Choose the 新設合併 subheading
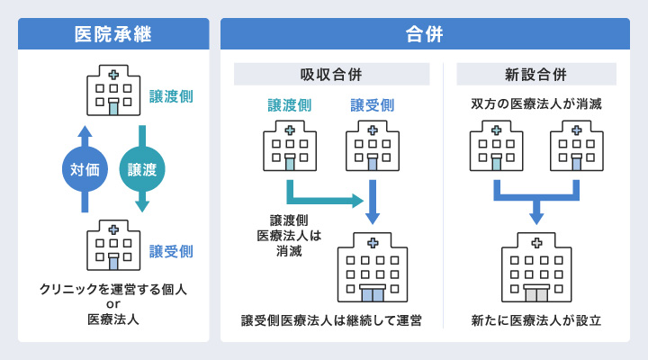536,74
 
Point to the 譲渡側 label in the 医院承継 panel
171,95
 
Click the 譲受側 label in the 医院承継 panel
171,250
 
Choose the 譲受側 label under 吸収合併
372,105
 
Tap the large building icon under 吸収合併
371,268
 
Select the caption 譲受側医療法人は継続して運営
331,320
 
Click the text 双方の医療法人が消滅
536,104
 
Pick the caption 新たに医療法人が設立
536,320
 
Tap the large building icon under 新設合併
536,268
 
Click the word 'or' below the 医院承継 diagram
113,304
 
